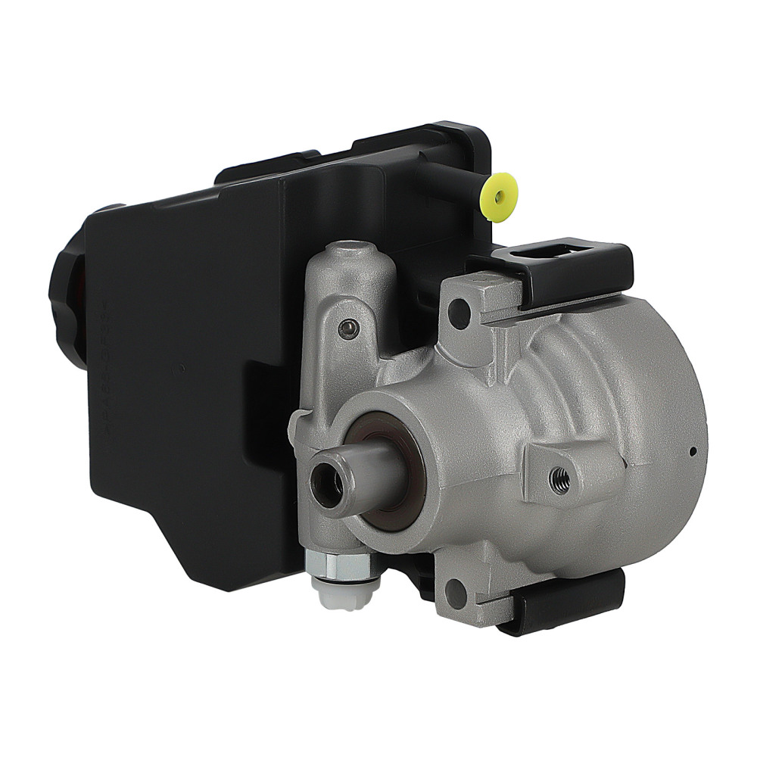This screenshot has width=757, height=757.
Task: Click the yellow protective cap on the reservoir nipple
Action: click(x=500, y=196)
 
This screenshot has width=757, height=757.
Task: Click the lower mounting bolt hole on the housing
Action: click(x=456, y=593)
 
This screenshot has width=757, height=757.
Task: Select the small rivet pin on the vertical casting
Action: click(x=347, y=327)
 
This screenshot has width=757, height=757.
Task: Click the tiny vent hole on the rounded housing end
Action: click(x=693, y=453)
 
